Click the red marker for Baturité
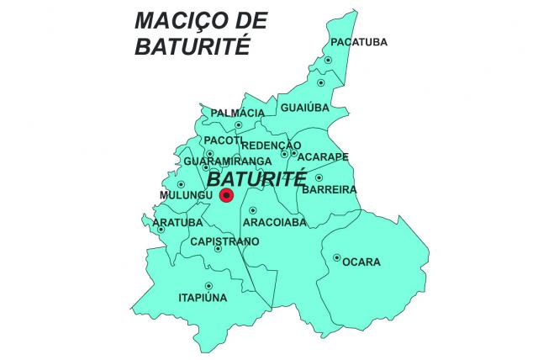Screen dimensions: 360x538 point(225,196)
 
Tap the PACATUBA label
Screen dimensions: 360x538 point(359,42)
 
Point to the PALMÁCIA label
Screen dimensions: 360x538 point(238,113)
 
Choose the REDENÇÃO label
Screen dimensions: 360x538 point(265,146)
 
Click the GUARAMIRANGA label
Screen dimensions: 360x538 point(227,161)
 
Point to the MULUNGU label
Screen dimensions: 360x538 point(185,196)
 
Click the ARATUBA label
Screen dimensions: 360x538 point(177,223)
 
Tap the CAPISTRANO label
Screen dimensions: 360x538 point(224,241)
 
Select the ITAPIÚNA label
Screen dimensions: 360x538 point(203,297)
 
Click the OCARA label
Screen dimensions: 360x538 point(361,262)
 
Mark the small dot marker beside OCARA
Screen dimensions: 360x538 point(337,257)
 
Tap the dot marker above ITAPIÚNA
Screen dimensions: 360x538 point(207,284)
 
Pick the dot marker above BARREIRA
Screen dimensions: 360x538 point(319,177)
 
